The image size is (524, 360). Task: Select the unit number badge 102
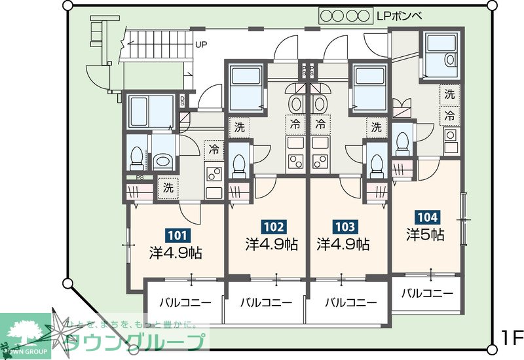coord(273,227)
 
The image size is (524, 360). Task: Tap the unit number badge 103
coord(345,227)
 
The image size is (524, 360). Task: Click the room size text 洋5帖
coord(425,234)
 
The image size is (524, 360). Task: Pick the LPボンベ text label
coord(400,14)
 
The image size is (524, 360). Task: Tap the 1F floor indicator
coord(512,338)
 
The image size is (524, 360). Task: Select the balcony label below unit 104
coord(426,293)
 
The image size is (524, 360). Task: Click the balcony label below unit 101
coord(185,302)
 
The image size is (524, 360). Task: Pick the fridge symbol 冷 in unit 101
coord(214,149)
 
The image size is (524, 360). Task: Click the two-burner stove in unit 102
coord(295,163)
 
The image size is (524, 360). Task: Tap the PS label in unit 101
coord(139,177)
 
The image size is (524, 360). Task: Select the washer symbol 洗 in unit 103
coord(376,127)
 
